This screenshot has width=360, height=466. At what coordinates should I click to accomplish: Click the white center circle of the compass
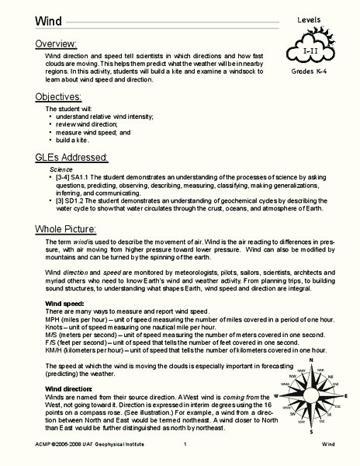pyautogui.click(x=311, y=398)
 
